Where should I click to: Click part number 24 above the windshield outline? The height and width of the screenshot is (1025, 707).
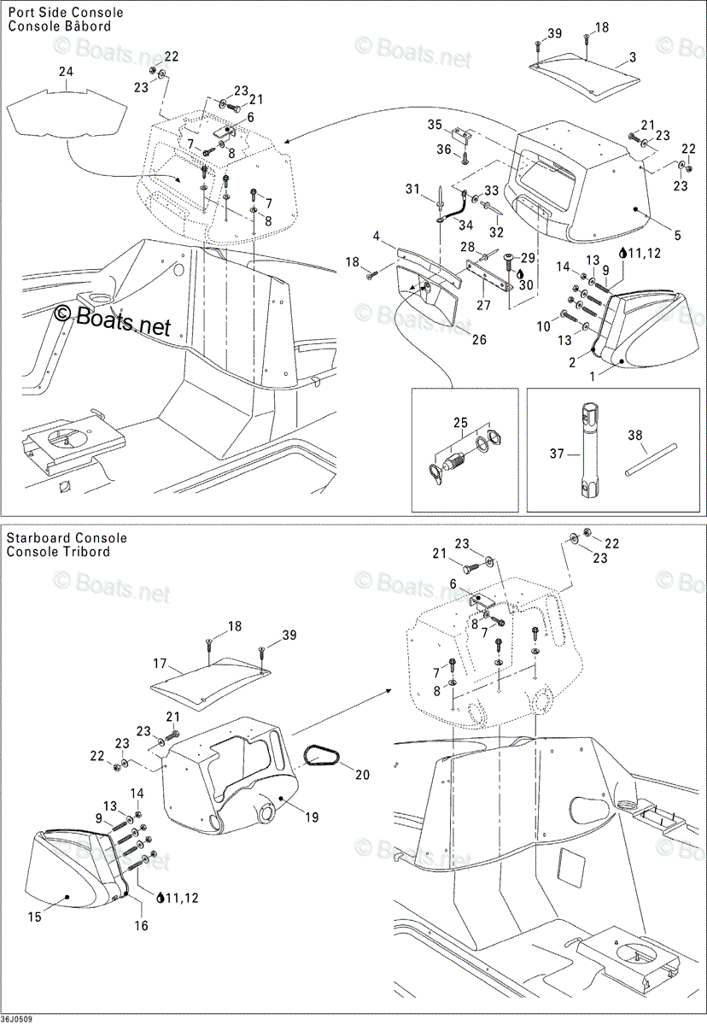click(67, 72)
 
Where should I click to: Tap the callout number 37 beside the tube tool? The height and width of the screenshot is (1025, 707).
click(557, 454)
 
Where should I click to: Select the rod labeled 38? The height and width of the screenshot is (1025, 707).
click(651, 459)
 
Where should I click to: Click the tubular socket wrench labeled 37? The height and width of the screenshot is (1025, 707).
click(587, 452)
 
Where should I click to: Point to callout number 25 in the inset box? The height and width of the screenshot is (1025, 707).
click(461, 422)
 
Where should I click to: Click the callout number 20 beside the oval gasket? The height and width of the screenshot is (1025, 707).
click(362, 774)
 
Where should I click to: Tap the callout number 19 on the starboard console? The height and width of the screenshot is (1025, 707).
click(312, 817)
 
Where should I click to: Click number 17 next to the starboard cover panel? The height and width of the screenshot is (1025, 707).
click(160, 663)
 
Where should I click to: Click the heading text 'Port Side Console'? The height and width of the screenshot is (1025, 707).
click(66, 12)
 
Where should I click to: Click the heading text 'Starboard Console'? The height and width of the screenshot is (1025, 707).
click(67, 537)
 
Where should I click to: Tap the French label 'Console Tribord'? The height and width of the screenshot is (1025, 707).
click(59, 552)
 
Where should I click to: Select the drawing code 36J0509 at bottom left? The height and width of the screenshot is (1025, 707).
click(16, 1020)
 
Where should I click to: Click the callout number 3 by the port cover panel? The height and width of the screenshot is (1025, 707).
click(633, 58)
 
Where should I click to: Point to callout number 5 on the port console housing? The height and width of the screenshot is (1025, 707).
click(677, 235)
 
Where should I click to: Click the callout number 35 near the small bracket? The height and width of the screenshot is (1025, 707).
click(435, 125)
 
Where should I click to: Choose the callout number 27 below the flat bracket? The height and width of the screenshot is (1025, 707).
click(483, 305)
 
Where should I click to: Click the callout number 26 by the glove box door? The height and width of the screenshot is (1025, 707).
click(479, 339)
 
